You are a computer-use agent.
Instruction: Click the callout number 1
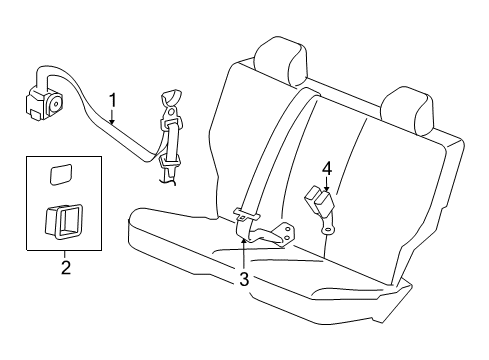[115, 99]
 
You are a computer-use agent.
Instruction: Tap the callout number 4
[326, 167]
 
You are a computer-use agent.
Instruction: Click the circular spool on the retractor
[51, 100]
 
